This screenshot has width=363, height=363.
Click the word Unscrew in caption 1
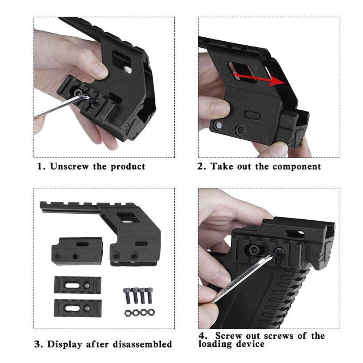(x=69, y=167)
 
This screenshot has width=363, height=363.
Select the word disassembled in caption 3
(x=142, y=344)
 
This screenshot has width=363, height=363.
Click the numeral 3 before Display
(x=37, y=344)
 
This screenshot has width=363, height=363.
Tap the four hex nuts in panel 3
(x=139, y=313)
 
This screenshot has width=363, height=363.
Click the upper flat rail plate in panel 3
(x=78, y=285)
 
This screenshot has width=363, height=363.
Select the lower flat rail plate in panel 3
(x=78, y=308)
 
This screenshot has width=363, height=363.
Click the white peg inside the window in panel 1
(x=128, y=69)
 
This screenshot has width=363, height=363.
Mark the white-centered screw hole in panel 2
(x=218, y=126)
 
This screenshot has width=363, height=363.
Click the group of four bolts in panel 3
(x=138, y=295)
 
